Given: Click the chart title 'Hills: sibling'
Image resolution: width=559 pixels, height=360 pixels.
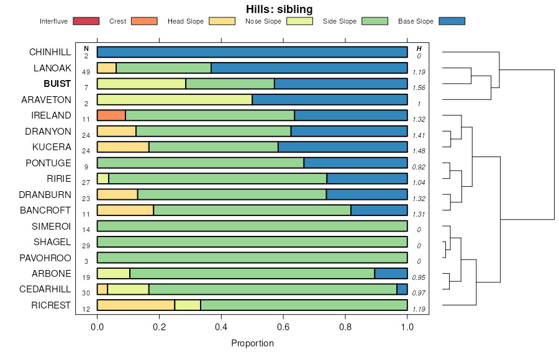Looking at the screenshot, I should pos(279,9).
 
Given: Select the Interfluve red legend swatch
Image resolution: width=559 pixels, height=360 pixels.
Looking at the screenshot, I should pos(86,21).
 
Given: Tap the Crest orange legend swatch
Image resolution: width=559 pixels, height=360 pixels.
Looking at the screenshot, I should pos(143,21).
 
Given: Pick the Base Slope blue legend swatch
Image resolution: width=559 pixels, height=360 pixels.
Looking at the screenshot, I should pos(452,21).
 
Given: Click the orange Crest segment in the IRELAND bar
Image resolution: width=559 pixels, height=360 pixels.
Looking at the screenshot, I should pos(111,115).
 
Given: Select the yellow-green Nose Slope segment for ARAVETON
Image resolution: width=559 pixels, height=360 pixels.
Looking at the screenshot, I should pos(175,99).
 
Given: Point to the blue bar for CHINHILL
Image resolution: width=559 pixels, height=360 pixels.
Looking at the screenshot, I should pos(252,52).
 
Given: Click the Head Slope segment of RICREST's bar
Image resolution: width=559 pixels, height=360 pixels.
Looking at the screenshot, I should pos(135,305).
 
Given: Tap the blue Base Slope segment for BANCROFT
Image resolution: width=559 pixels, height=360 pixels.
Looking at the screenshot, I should pos(379,210).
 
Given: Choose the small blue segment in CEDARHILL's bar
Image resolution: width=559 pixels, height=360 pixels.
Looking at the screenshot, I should pos(402,289).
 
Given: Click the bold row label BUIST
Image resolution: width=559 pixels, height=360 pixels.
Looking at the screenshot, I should pos(57,84).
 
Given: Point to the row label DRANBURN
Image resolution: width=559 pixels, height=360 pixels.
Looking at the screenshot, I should pos(48,194).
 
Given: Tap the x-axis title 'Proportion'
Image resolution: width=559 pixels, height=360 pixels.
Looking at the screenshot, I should pos(252,343).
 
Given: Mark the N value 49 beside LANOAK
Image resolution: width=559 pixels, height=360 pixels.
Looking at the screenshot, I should pos(86,72).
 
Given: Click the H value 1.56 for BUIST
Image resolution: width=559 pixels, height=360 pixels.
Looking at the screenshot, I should pos(419,88).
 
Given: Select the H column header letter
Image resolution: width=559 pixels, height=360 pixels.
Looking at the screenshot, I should pos(419,48).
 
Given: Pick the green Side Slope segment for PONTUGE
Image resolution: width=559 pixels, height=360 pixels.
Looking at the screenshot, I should pos(200,163).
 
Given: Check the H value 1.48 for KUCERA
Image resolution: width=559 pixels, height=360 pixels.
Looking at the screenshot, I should pos(419,151).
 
